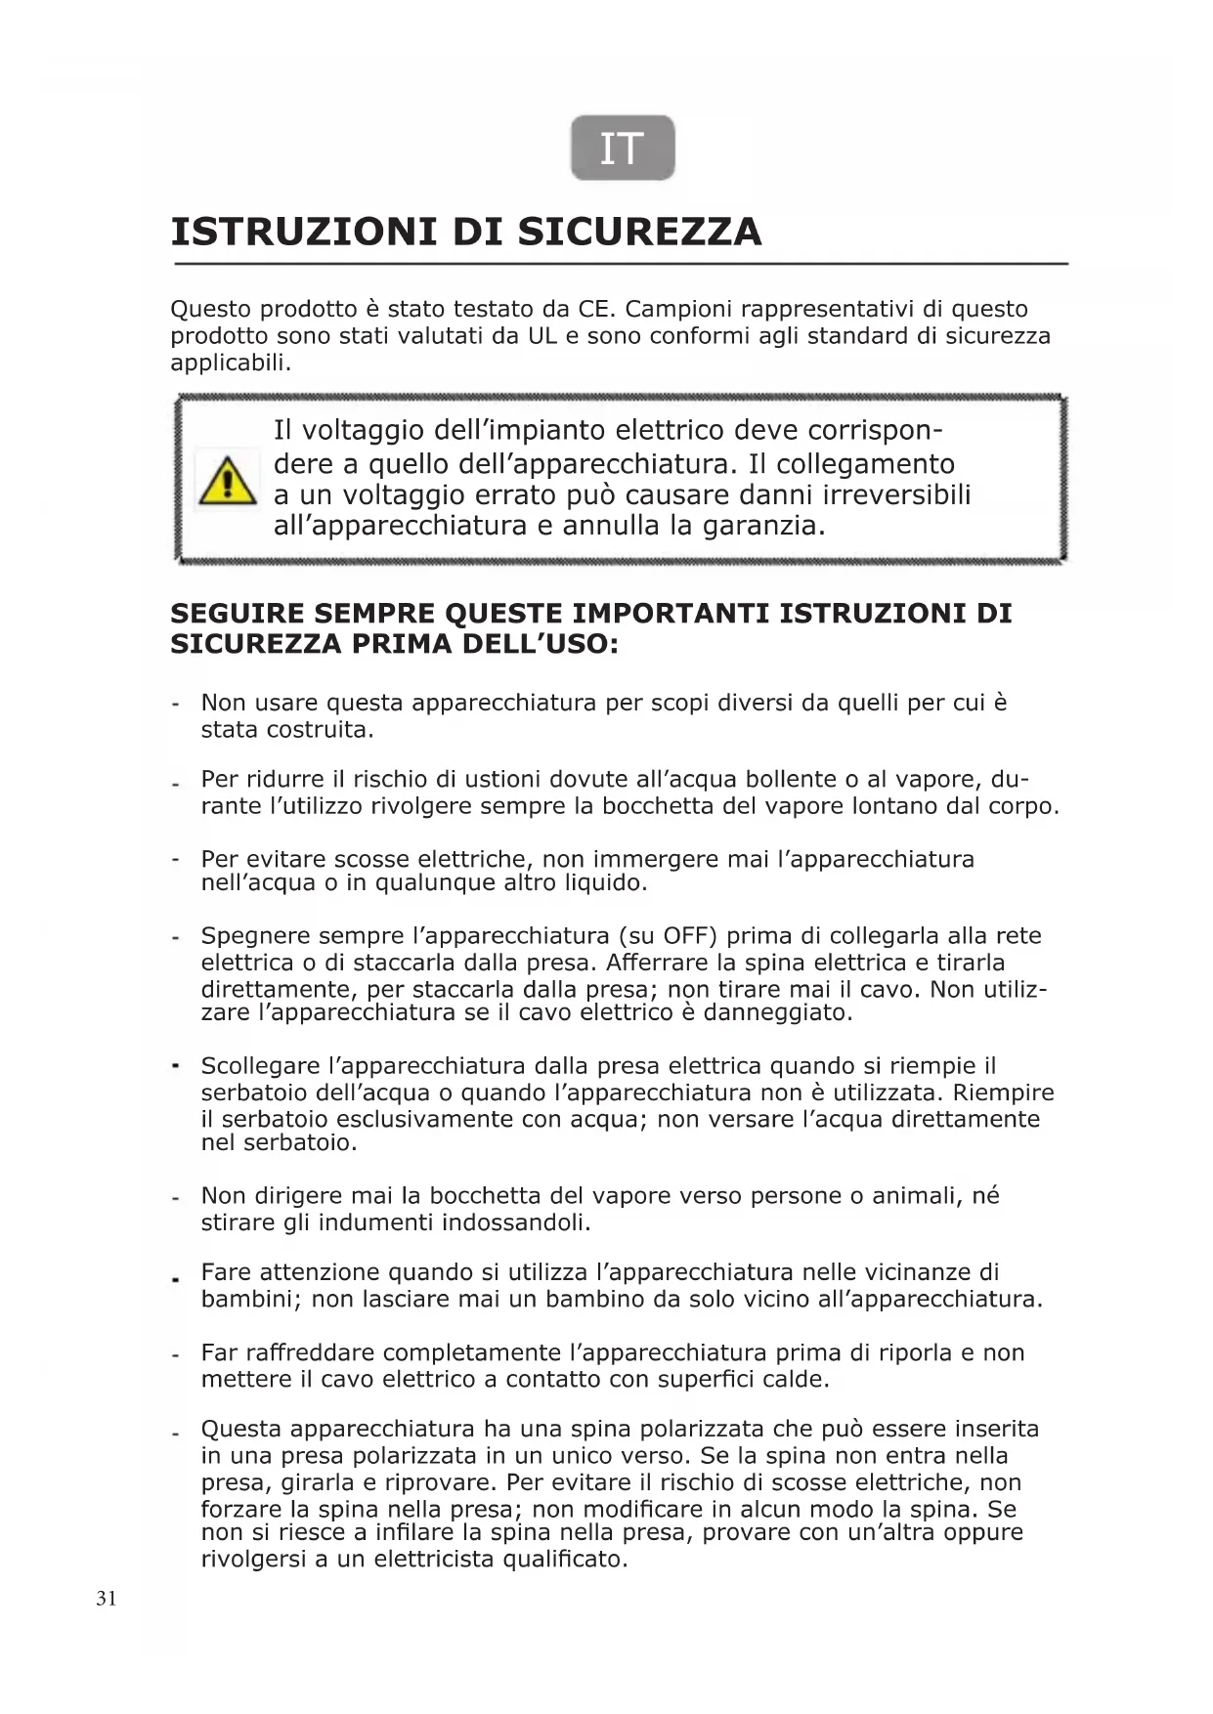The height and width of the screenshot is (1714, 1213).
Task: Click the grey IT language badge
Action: click(x=623, y=149)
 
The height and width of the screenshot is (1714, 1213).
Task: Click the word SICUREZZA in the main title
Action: click(x=639, y=233)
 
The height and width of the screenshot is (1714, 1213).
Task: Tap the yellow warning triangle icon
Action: click(x=227, y=481)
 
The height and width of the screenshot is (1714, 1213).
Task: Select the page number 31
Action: click(x=107, y=1599)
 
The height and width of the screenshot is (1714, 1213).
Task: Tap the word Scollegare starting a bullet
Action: click(x=260, y=1066)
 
